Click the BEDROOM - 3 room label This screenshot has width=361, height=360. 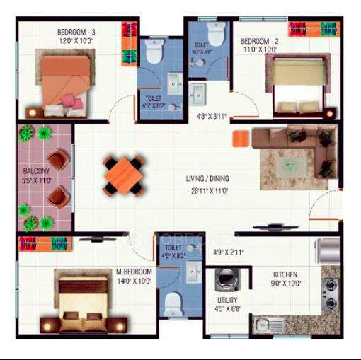click(x=76, y=31)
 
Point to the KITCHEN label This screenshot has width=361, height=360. click(x=285, y=274)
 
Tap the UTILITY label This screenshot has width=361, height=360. click(x=227, y=300)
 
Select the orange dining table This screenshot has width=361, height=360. click(x=123, y=174)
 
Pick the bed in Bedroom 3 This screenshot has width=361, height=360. click(x=65, y=81)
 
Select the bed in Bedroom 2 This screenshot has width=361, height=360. click(x=298, y=85)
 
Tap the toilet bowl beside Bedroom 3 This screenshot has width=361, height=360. click(x=153, y=52)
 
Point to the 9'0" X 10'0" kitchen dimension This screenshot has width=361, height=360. click(x=285, y=284)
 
